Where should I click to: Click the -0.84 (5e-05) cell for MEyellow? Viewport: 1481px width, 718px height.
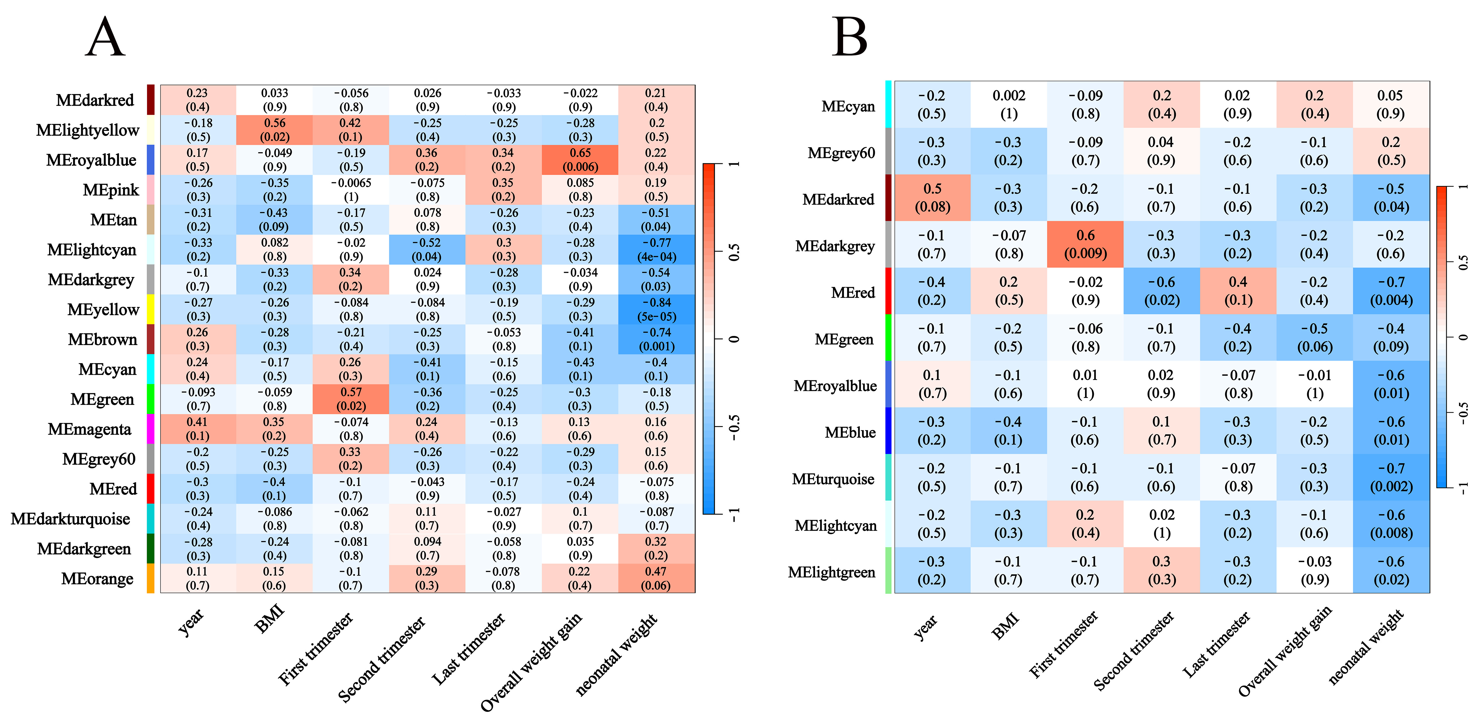tap(656, 309)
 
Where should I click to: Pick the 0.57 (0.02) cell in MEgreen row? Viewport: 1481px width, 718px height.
tap(351, 399)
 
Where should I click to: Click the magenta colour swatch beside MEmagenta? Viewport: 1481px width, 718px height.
tap(150, 429)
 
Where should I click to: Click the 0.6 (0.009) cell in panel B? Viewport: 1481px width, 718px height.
tap(1085, 244)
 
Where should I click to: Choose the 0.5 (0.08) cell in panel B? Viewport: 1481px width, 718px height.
tap(932, 198)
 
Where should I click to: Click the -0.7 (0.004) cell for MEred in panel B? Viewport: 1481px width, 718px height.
tap(1391, 291)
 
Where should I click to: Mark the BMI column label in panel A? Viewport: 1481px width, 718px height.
tap(269, 620)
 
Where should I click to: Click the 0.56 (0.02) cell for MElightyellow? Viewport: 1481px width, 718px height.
tap(274, 130)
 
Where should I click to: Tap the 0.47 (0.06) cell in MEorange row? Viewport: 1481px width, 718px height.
tap(656, 578)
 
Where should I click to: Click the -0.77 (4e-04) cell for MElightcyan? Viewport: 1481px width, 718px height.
tap(656, 249)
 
